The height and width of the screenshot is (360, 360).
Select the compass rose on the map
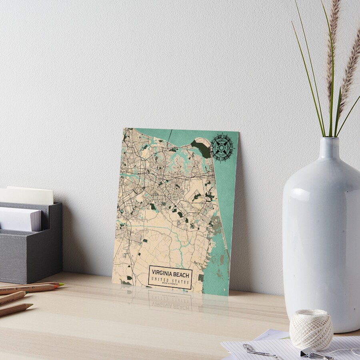click(x=222, y=148)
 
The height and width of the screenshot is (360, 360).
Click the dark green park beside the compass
click(x=201, y=148)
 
